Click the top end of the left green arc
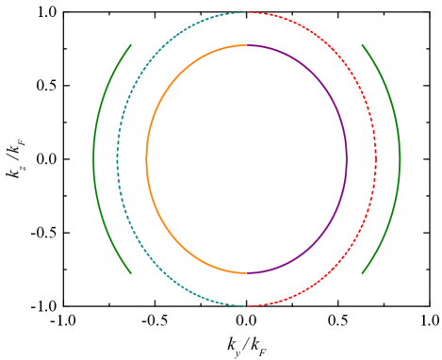130,45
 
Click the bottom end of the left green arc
130,273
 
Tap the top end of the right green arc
363,45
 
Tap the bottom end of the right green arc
363,273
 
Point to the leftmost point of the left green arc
94,159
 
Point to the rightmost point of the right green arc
399,159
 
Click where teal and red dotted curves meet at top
247,12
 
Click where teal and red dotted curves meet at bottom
247,305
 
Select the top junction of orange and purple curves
247,45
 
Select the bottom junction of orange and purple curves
247,272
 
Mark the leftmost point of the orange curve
147,159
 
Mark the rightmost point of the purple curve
346,159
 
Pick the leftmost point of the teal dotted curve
118,159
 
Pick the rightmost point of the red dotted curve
375,159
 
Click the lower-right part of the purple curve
318,239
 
